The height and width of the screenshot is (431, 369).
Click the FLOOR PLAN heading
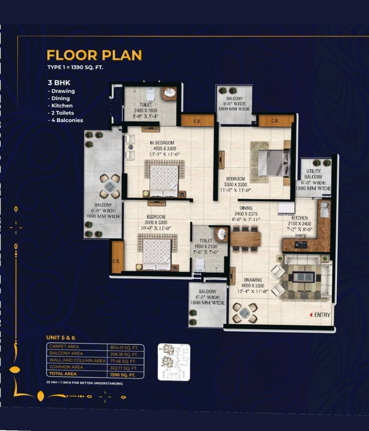[x=94, y=54]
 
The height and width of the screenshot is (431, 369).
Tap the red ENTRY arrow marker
[x=311, y=315]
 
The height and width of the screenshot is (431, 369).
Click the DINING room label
[x=246, y=208]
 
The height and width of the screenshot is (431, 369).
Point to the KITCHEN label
[x=299, y=218]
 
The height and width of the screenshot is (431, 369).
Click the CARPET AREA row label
[x=64, y=347]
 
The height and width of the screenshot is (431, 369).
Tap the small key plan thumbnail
[x=173, y=362]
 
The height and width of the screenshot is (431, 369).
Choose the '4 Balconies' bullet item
[x=65, y=120]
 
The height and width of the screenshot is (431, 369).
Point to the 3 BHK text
[x=59, y=83]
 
